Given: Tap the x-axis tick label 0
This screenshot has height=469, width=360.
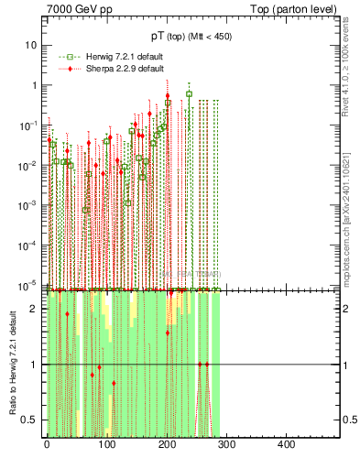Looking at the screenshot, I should click(47, 446).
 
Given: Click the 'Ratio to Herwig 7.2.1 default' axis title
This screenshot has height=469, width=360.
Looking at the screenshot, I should click(13, 364).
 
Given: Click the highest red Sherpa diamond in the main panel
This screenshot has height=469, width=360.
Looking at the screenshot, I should click(168, 95).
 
